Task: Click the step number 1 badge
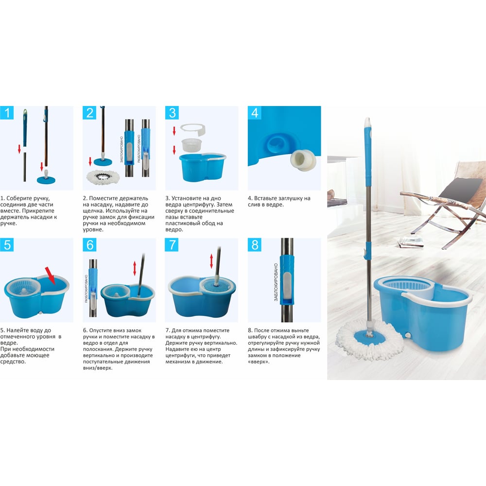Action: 6,113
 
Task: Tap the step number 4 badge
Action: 255,113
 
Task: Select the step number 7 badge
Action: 172,245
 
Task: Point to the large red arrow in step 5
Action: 51,275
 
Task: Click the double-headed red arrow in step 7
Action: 211,261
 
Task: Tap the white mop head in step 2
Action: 103,177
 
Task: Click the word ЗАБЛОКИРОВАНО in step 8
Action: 276,282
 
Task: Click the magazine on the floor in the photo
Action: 411,242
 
